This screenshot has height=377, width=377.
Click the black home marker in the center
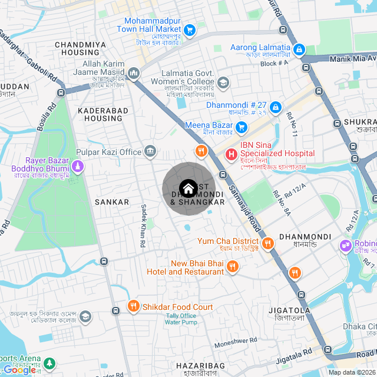click(187, 189)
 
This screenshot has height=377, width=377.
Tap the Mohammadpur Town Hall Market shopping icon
click(189, 29)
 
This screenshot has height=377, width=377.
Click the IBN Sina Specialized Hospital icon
click(232, 154)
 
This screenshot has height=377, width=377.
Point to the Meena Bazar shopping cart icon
click(241, 126)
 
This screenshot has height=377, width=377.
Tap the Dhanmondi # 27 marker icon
click(275, 106)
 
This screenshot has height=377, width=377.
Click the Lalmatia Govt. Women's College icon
click(223, 82)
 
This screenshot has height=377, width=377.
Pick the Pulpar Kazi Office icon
click(150, 152)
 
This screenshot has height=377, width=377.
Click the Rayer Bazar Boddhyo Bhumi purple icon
click(78, 168)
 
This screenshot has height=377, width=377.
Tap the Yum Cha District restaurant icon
click(267, 242)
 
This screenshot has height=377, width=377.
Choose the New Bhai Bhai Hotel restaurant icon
click(232, 267)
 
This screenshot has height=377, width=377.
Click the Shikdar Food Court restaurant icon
click(133, 306)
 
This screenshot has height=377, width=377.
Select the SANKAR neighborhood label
click(111, 202)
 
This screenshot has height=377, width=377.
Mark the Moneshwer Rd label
click(236, 340)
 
